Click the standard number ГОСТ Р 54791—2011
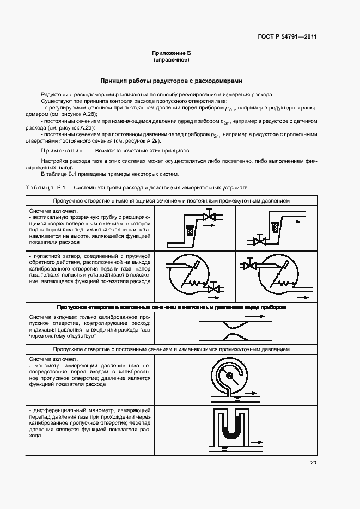click(x=286, y=37)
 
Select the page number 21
click(x=313, y=463)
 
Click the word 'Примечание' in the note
click(x=60, y=150)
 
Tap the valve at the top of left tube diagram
click(x=208, y=217)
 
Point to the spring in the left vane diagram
click(x=201, y=284)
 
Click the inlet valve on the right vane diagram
click(x=250, y=265)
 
